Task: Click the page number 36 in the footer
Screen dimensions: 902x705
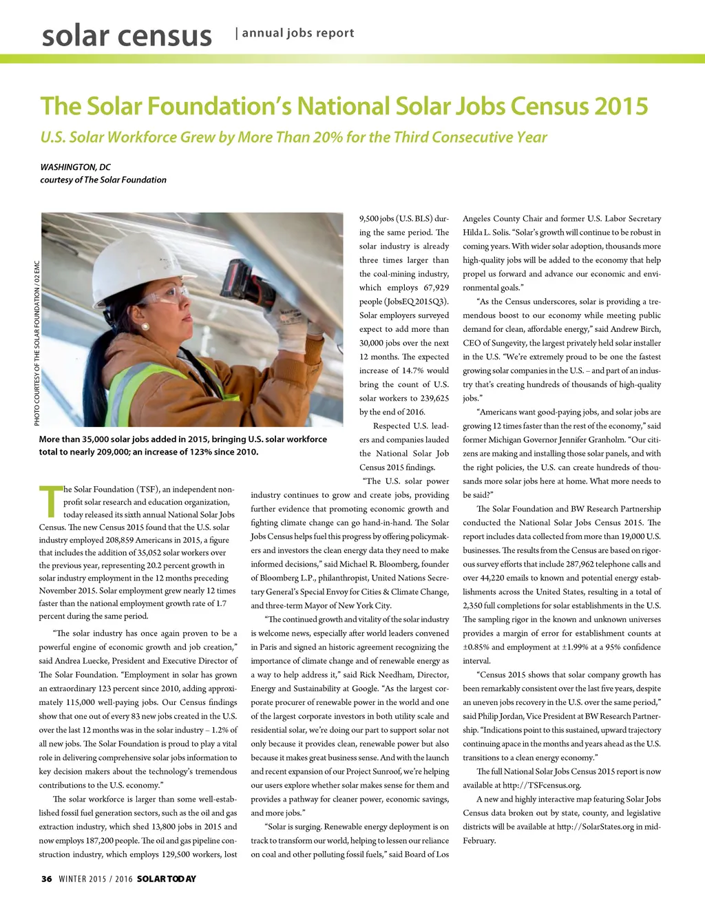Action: (x=46, y=879)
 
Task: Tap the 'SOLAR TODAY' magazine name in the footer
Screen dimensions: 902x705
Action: (x=167, y=879)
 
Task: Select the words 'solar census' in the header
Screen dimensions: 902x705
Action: (x=127, y=36)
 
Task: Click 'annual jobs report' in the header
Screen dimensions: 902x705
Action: (x=298, y=33)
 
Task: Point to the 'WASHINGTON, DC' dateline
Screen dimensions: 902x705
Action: (x=75, y=167)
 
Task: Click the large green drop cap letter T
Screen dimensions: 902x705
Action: (x=50, y=502)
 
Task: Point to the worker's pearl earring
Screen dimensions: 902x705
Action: (x=145, y=326)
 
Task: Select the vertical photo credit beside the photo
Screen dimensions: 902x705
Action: (x=36, y=342)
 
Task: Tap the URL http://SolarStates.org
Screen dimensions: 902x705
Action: (x=595, y=826)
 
